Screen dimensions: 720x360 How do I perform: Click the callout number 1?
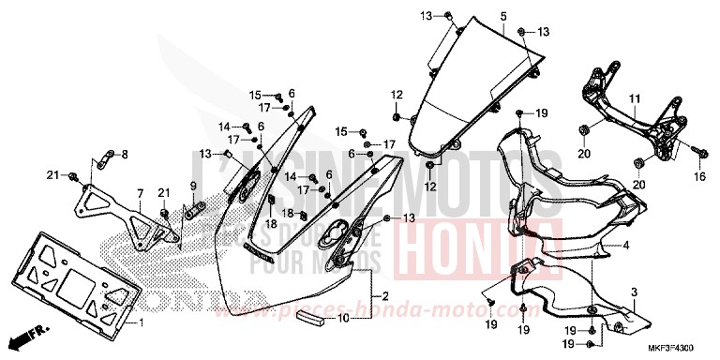coord(141,323)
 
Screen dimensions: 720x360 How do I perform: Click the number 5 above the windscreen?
coord(503,17)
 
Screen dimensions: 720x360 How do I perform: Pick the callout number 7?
coord(139,194)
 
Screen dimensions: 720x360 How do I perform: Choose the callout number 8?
coord(125,153)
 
